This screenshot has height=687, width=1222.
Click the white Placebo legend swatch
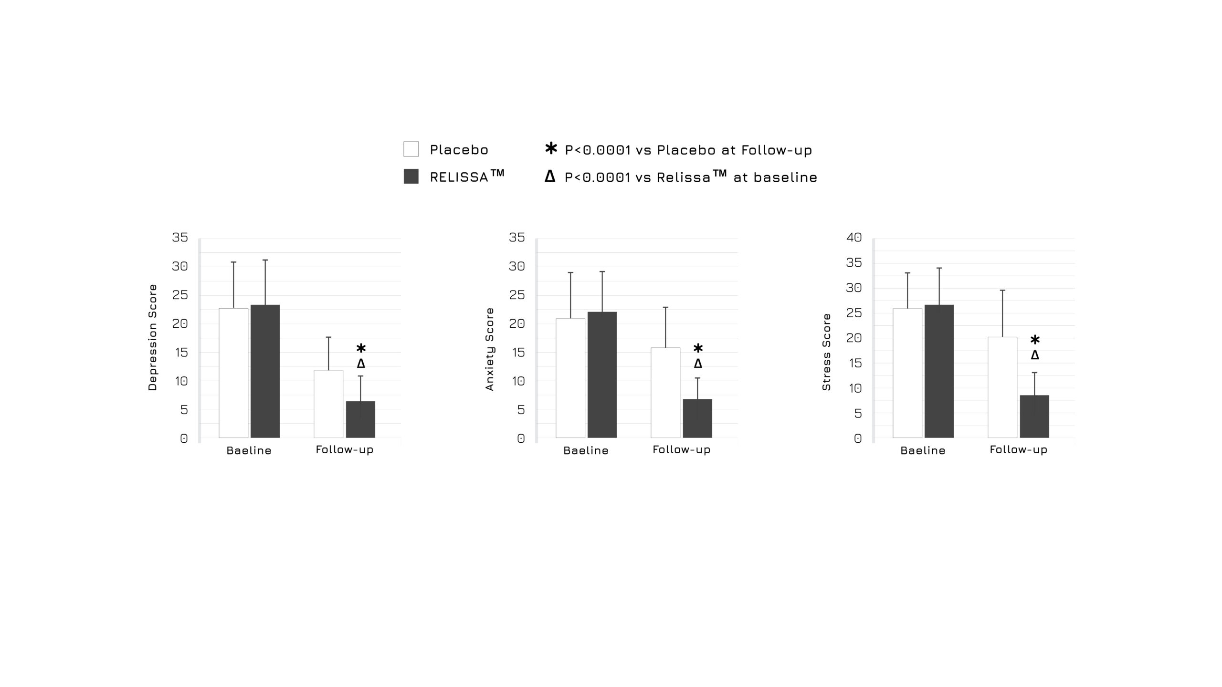(x=411, y=149)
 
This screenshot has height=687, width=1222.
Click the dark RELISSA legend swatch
(x=411, y=177)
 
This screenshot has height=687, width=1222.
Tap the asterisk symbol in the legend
(x=551, y=148)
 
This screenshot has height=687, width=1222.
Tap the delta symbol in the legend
(x=550, y=177)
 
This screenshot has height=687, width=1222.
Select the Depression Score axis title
(x=153, y=337)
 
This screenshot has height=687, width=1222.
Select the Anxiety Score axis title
(x=490, y=349)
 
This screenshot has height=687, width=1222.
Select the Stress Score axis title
(x=827, y=352)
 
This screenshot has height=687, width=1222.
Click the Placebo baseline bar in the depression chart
(x=233, y=373)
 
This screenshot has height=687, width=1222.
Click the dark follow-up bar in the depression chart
(x=360, y=419)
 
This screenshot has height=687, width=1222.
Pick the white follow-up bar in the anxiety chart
(x=665, y=392)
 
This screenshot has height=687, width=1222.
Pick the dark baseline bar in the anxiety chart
(x=602, y=375)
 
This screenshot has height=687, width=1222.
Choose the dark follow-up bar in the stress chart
(x=1034, y=416)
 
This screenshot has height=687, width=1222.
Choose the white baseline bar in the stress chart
(x=907, y=373)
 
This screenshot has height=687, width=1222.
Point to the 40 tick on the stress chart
(x=854, y=237)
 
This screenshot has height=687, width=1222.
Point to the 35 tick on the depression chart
(x=180, y=237)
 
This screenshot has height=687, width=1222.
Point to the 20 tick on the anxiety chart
(x=517, y=323)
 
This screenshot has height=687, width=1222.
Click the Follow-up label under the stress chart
(x=1018, y=449)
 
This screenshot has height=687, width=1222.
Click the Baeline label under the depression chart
(x=249, y=450)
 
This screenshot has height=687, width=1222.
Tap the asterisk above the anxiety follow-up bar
(x=698, y=348)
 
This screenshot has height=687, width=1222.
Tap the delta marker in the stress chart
(x=1035, y=355)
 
